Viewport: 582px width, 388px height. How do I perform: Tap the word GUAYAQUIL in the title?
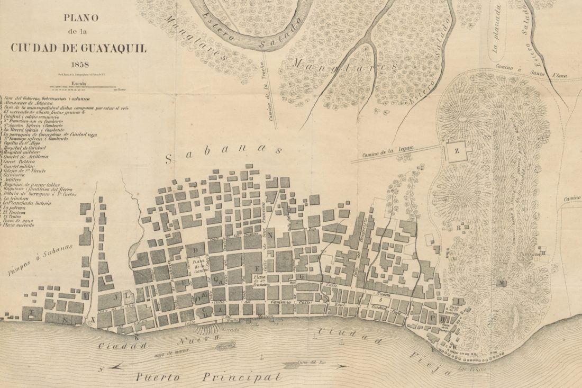112,48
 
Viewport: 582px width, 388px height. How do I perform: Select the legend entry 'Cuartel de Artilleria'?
26,157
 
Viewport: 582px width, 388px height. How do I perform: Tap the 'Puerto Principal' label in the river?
206,377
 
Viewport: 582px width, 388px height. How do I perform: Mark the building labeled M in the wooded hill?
500,283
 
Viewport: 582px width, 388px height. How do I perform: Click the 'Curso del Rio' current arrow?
312,365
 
